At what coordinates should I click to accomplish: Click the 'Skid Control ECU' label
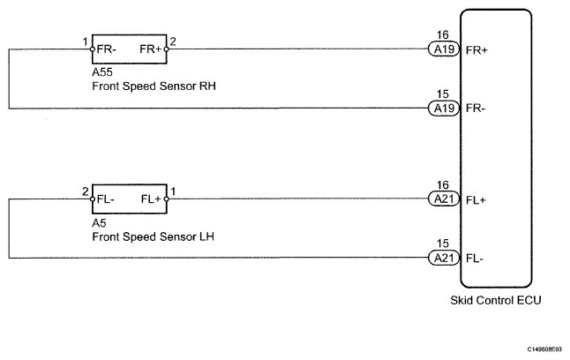click(x=496, y=301)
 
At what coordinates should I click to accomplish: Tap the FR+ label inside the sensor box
click(x=151, y=50)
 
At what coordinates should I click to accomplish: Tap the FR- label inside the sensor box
click(x=108, y=50)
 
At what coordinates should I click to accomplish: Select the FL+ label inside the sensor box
click(x=151, y=199)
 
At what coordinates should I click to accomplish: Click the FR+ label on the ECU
click(x=477, y=50)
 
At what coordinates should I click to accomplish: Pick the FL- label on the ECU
click(x=476, y=258)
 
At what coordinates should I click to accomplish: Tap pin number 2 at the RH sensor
click(x=174, y=41)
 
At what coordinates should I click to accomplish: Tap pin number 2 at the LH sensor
click(x=85, y=190)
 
